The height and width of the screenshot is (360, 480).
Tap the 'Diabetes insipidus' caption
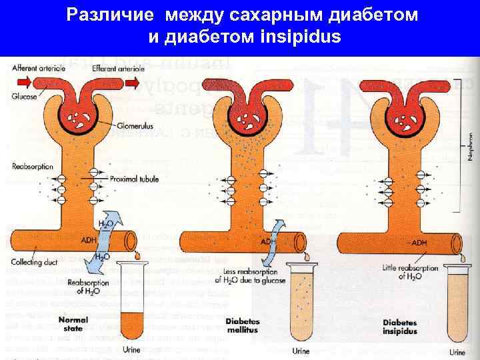pos(400,327)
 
